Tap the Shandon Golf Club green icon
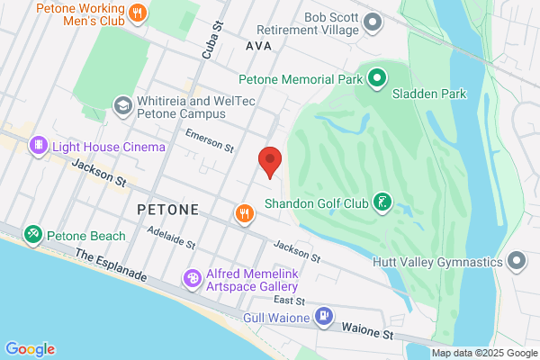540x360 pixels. (383, 202)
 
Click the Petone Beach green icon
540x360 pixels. (33, 236)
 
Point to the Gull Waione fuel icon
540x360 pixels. (324, 317)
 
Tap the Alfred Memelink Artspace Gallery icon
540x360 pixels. (192, 279)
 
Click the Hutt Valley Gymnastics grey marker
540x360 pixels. (517, 262)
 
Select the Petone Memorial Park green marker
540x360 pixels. (377, 78)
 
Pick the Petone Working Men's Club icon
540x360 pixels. (138, 13)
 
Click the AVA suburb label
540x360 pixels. (257, 44)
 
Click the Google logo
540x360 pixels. (31, 348)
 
